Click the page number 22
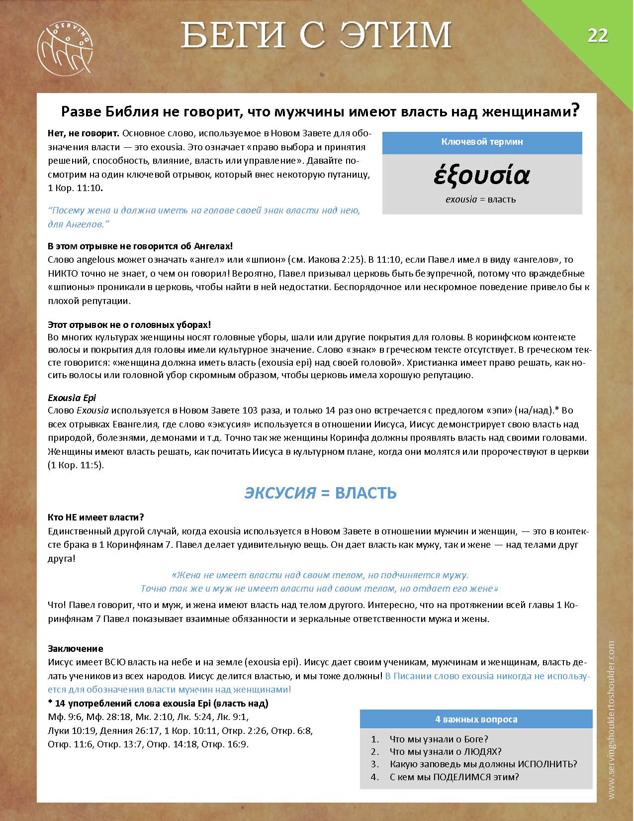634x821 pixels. tap(598, 36)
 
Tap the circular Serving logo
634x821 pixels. tap(65, 46)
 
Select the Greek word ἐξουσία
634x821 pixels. tap(482, 175)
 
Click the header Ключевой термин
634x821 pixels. tap(482, 142)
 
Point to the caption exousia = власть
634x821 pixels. tap(480, 200)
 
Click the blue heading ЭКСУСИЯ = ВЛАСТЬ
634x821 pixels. tap(320, 493)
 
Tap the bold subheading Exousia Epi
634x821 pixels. tap(72, 398)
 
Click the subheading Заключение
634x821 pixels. tap(75, 648)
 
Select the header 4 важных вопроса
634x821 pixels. tap(476, 719)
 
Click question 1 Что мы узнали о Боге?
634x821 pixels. tap(439, 739)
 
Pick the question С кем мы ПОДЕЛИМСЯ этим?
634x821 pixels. tap(454, 777)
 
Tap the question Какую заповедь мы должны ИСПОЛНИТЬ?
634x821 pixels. tap(483, 764)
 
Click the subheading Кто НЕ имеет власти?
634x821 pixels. tap(95, 517)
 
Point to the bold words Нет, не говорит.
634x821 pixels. tap(83, 133)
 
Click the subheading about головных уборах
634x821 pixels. tap(129, 324)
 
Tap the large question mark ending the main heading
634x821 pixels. tap(575, 110)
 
